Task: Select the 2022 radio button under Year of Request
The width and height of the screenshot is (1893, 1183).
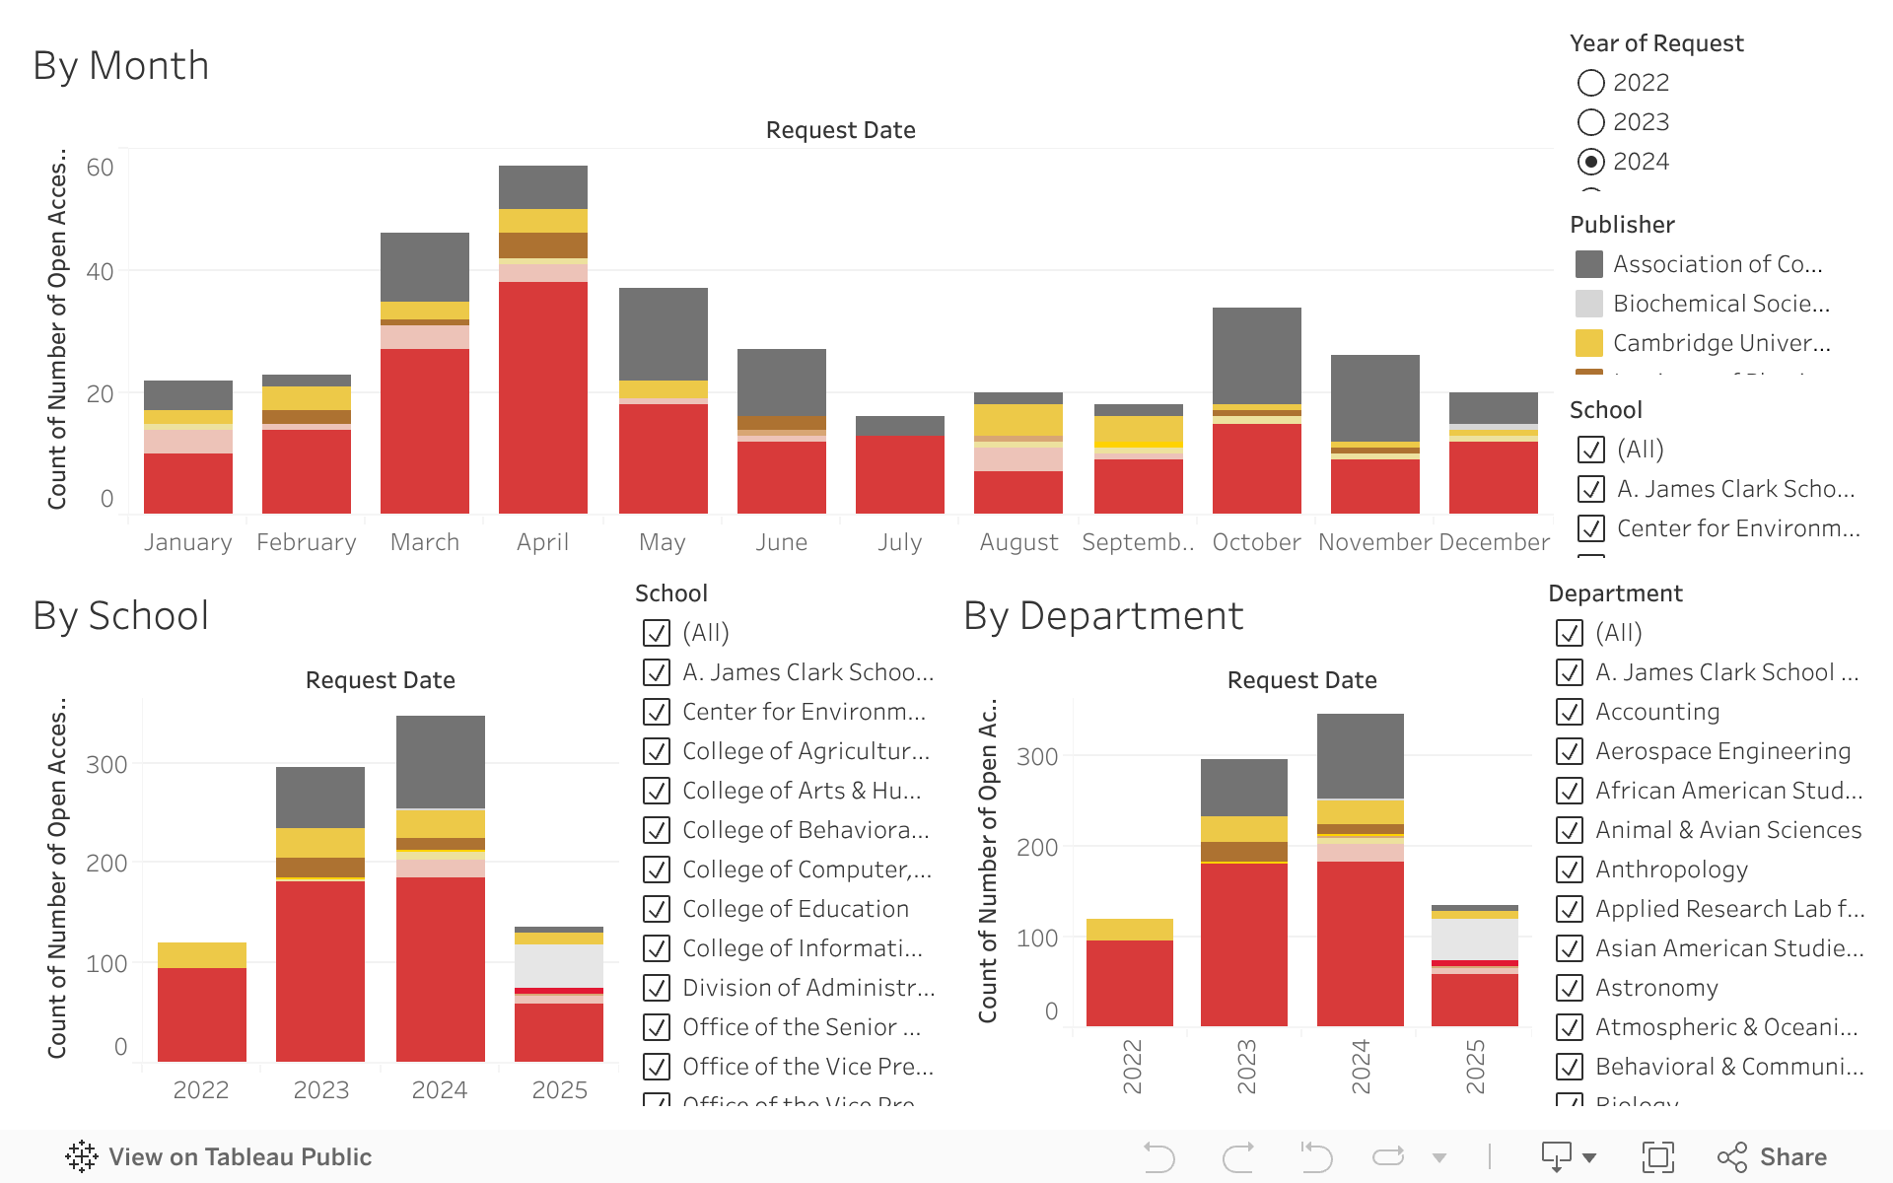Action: (1590, 83)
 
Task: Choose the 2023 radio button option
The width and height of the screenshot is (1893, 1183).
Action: (1590, 122)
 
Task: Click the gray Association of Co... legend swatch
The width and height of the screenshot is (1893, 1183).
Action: (1588, 264)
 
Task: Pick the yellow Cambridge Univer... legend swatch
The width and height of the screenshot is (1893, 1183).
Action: (1588, 343)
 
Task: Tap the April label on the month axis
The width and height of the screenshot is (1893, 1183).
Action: (542, 542)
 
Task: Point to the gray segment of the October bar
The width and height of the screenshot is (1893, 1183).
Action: (1256, 355)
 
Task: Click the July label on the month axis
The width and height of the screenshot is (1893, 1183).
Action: (899, 542)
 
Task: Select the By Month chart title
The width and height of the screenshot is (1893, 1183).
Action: (121, 66)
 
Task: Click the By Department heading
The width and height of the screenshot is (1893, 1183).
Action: (1103, 616)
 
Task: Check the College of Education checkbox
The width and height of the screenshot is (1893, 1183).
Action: (657, 909)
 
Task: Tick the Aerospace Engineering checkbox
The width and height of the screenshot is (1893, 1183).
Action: (1570, 751)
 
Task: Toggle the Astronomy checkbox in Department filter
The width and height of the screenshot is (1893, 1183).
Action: (1570, 988)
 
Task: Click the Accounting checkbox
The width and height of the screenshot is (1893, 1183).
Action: (1570, 712)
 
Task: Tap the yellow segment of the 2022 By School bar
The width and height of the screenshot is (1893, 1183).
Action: (201, 954)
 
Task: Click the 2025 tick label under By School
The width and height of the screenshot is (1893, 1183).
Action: (559, 1090)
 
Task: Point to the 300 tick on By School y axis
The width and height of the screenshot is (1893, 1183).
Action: (106, 765)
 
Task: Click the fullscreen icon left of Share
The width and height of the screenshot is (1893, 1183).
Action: (1657, 1156)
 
